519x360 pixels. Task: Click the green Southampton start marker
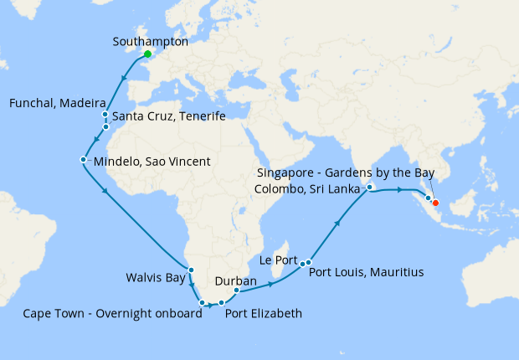coord(148,54)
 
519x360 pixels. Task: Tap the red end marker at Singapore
coord(435,202)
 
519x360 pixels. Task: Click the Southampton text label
coord(150,40)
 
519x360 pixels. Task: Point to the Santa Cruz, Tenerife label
coord(168,116)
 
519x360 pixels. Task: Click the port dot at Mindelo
coord(83,159)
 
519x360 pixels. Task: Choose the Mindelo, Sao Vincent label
coord(152,161)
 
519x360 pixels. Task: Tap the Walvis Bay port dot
coord(191,270)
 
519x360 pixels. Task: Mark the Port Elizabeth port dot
coord(221,303)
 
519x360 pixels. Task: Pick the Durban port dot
coord(236,291)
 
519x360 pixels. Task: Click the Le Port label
coord(280,260)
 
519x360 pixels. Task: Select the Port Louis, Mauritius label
coord(366,272)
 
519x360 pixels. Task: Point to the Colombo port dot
coord(369,188)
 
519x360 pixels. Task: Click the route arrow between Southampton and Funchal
coord(125,79)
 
